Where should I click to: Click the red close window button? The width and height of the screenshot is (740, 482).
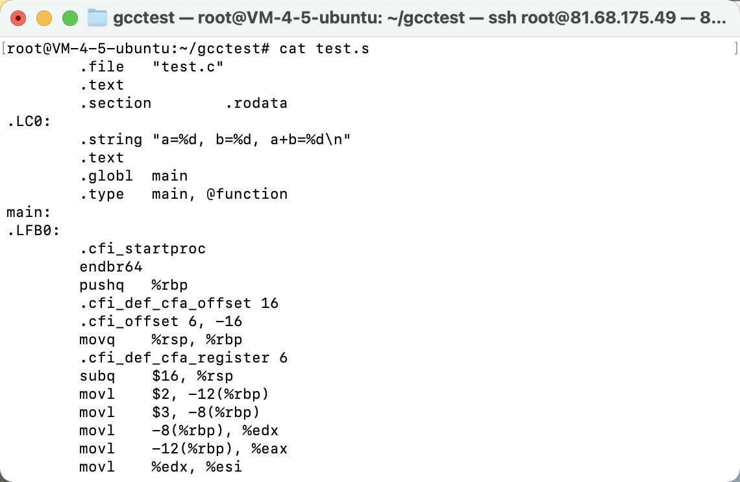pos(18,18)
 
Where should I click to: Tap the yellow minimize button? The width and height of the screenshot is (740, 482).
pos(44,18)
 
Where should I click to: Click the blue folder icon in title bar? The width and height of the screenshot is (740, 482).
pos(97,18)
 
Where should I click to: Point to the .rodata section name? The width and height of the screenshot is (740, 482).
pos(256,103)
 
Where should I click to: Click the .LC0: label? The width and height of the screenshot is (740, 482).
pos(29,121)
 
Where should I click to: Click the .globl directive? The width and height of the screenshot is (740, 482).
pos(106,176)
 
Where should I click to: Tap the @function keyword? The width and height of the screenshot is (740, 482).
pos(247,194)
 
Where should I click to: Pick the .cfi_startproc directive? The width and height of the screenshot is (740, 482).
pos(143,249)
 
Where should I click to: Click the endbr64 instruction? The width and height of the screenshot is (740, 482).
pos(111,267)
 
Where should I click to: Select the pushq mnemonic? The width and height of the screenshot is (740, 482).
pos(102,285)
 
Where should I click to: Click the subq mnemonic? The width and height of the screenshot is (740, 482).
pos(97,376)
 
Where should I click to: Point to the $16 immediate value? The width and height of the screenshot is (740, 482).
pos(165,376)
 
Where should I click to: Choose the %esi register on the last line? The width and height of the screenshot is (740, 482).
pos(224,467)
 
